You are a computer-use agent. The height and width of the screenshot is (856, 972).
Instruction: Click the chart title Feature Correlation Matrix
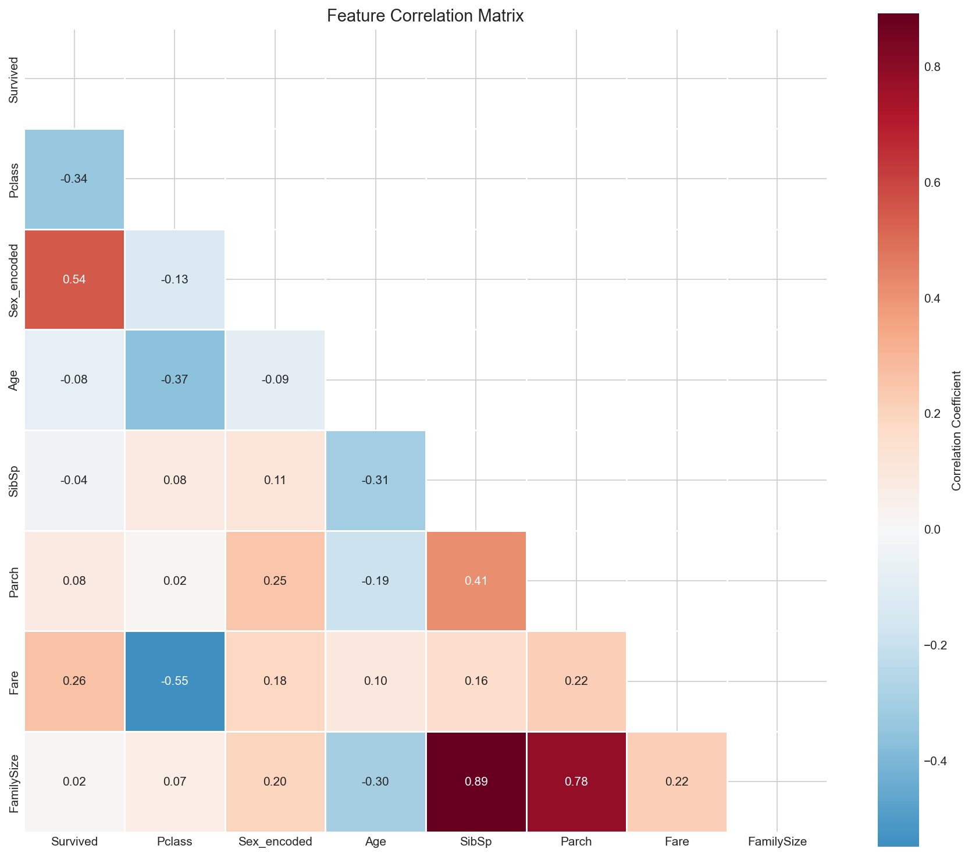tap(425, 16)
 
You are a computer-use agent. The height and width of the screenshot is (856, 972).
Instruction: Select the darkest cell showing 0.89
tap(476, 782)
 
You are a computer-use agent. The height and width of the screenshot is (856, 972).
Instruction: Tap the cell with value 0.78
tap(576, 782)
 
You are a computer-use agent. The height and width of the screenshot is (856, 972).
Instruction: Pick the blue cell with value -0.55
tap(175, 681)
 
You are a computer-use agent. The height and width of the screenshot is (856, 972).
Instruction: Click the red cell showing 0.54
tap(74, 279)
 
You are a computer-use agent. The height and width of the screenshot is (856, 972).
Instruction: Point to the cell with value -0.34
tap(74, 179)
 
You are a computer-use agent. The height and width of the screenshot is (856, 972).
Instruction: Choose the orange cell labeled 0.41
tap(476, 581)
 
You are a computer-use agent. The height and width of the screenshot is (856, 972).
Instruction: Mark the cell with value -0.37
tap(175, 379)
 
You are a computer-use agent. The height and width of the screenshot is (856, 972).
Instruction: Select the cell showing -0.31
tap(376, 480)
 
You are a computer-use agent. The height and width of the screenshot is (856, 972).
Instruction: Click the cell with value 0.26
tap(74, 681)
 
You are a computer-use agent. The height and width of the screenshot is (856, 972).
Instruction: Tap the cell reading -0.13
tap(175, 279)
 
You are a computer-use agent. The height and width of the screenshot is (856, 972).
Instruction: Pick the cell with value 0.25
tap(275, 581)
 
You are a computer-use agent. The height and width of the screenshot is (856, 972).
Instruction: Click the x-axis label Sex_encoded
tap(275, 841)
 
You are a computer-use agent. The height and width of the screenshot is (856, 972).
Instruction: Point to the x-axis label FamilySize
tap(777, 841)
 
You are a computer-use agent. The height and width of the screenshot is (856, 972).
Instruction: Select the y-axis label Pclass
tap(14, 179)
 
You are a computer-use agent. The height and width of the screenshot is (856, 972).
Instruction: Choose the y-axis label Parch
tap(14, 581)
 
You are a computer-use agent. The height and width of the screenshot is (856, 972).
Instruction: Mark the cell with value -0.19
tap(376, 581)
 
